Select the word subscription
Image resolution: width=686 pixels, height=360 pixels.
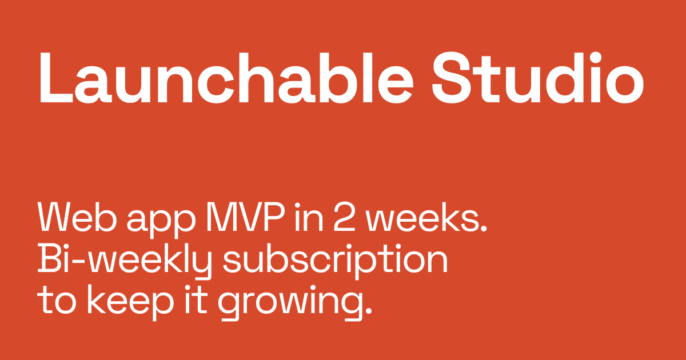(334, 261)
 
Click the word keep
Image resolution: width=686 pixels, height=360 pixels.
(125, 301)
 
